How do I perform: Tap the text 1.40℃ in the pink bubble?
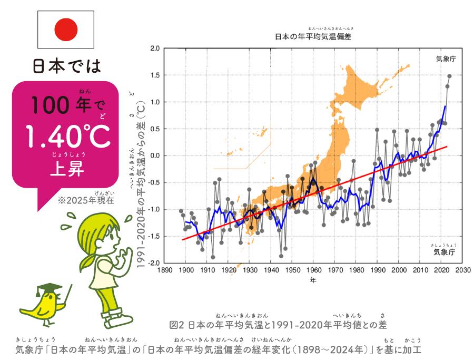pyautogui.click(x=68, y=137)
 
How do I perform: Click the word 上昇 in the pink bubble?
pyautogui.click(x=68, y=169)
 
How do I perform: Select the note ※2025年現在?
pyautogui.click(x=86, y=201)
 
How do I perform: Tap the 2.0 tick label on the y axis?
pyautogui.click(x=154, y=48)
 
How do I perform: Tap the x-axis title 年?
pyautogui.click(x=313, y=279)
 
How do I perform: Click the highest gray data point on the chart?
pyautogui.click(x=449, y=76)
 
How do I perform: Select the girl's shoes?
pyautogui.click(x=117, y=317)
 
